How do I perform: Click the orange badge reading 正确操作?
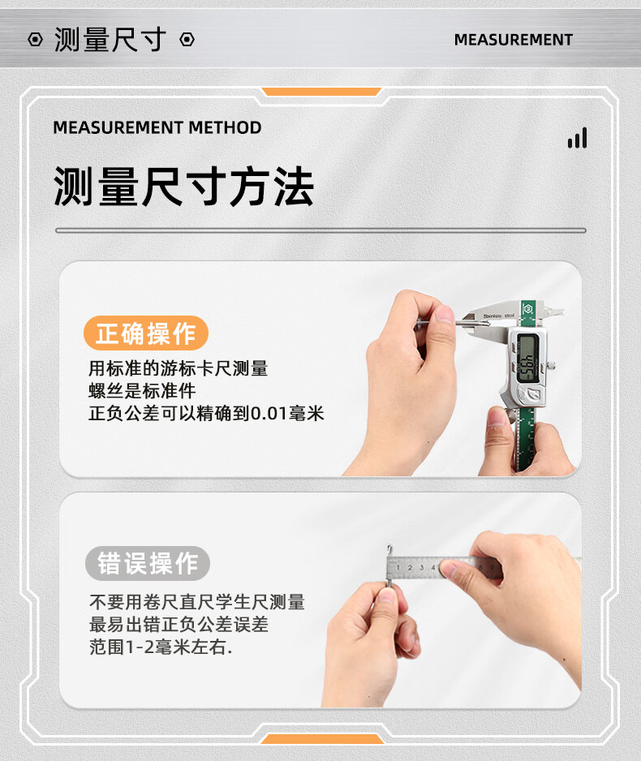(x=146, y=333)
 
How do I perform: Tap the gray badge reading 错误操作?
(x=148, y=563)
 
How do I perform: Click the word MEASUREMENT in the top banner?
(x=514, y=39)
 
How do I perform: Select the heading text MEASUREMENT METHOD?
(x=157, y=127)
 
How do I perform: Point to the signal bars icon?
(x=578, y=138)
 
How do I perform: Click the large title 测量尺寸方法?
(x=184, y=187)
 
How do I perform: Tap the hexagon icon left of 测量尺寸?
(x=35, y=39)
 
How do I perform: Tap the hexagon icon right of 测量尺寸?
(x=187, y=39)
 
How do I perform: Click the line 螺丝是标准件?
(x=142, y=391)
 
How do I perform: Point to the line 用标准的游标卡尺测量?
(x=178, y=368)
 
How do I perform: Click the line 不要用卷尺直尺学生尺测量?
(x=197, y=602)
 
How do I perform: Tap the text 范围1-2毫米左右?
(x=161, y=647)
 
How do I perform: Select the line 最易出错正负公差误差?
(x=179, y=624)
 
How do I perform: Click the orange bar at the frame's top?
(x=320, y=92)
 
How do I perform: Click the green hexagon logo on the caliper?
(x=527, y=307)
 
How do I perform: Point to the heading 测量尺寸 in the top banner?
(x=110, y=39)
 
